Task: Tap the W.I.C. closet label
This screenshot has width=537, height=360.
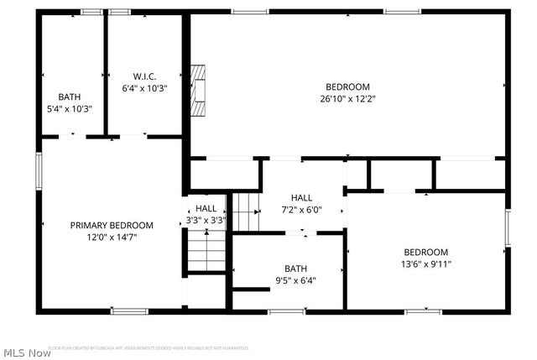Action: pos(145,76)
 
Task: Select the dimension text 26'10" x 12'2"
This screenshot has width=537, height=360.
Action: pos(347,98)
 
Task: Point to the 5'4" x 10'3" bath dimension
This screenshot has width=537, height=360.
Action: pos(70,108)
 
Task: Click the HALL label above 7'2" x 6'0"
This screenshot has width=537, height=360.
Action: pos(301,197)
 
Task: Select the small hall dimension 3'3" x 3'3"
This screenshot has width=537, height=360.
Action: pos(206,221)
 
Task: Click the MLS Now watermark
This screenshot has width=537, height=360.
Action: pos(27,352)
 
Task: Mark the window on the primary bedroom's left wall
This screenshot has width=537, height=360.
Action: pos(38,170)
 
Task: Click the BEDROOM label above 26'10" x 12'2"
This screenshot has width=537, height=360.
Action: pos(347,86)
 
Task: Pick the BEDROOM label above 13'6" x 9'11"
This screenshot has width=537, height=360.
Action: pos(425,252)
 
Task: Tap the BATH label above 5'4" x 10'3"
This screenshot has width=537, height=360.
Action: pos(70,97)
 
